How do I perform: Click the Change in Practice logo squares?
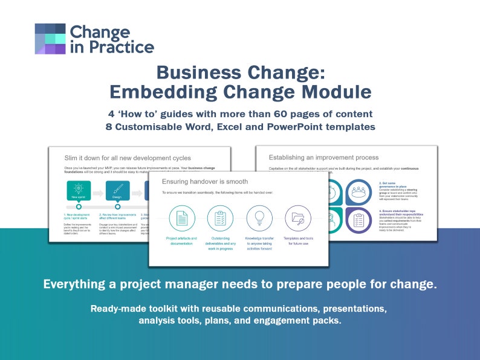pos(50,39)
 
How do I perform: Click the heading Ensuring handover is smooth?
pos(206,181)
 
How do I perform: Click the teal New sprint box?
pos(79,191)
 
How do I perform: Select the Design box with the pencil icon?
pos(118,191)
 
